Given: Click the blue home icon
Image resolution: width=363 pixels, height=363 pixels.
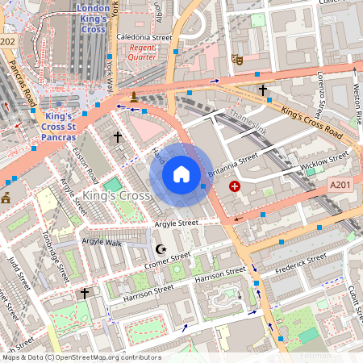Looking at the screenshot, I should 181,174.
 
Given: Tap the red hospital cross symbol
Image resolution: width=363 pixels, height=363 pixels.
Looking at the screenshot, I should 235,186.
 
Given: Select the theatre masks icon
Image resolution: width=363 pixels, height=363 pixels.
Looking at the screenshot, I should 237,58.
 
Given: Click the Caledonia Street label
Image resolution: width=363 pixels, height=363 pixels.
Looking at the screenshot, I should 144,37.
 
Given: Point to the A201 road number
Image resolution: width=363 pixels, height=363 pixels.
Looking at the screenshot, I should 340,186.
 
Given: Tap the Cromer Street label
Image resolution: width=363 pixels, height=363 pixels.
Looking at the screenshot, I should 168,261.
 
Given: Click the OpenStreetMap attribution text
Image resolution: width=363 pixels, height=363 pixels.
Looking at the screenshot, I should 81,357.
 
